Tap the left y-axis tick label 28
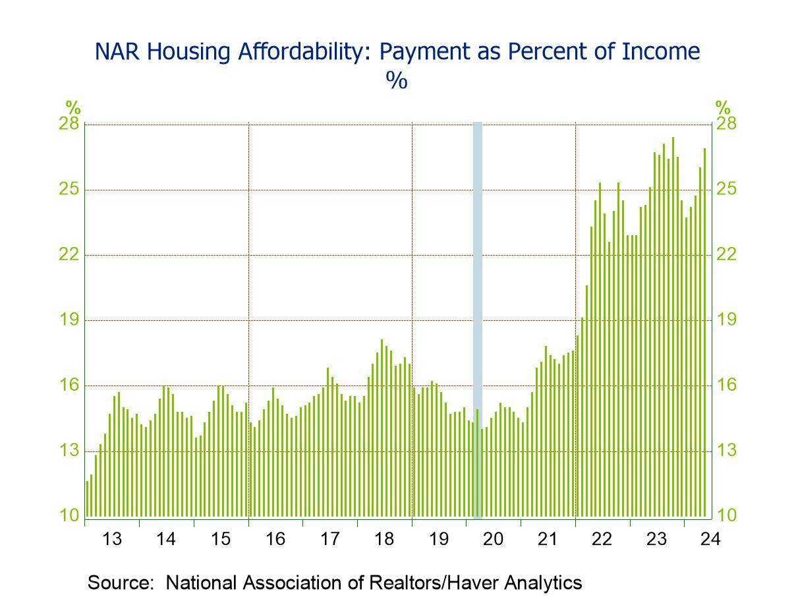pyautogui.click(x=71, y=125)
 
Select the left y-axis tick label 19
pyautogui.click(x=71, y=320)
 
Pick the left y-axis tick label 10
pyautogui.click(x=71, y=516)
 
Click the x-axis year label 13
pyautogui.click(x=112, y=540)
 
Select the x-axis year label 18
pyautogui.click(x=384, y=540)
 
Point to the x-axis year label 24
pyautogui.click(x=711, y=540)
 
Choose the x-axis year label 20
pyautogui.click(x=493, y=540)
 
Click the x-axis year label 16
pyautogui.click(x=275, y=540)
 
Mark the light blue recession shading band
pyautogui.click(x=478, y=316)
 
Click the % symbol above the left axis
pyautogui.click(x=72, y=107)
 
